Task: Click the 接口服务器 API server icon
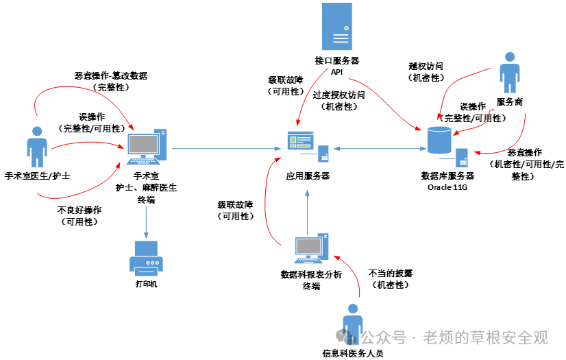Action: pyautogui.click(x=336, y=26)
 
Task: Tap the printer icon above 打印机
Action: pyautogui.click(x=146, y=259)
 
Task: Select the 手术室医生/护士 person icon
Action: pyautogui.click(x=37, y=147)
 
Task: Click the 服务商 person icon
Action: pyautogui.click(x=510, y=73)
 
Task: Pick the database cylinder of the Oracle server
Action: pyautogui.click(x=439, y=140)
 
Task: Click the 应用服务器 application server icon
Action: pyautogui.click(x=308, y=147)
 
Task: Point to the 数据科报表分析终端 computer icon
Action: pyautogui.click(x=312, y=248)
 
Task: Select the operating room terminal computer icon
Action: pyautogui.click(x=147, y=147)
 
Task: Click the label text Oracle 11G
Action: pyautogui.click(x=447, y=187)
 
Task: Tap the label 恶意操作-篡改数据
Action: pyautogui.click(x=111, y=76)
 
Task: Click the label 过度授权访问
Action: pyautogui.click(x=339, y=95)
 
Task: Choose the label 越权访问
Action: pyautogui.click(x=426, y=67)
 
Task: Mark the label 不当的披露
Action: pyautogui.click(x=390, y=274)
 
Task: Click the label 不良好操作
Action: pyautogui.click(x=79, y=210)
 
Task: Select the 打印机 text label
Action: pyautogui.click(x=146, y=284)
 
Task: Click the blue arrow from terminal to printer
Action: pyautogui.click(x=146, y=222)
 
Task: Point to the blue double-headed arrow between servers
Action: pyautogui.click(x=380, y=148)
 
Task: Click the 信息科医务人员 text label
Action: pyautogui.click(x=353, y=354)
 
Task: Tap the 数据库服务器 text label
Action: pyautogui.click(x=447, y=176)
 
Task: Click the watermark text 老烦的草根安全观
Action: pyautogui.click(x=486, y=337)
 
